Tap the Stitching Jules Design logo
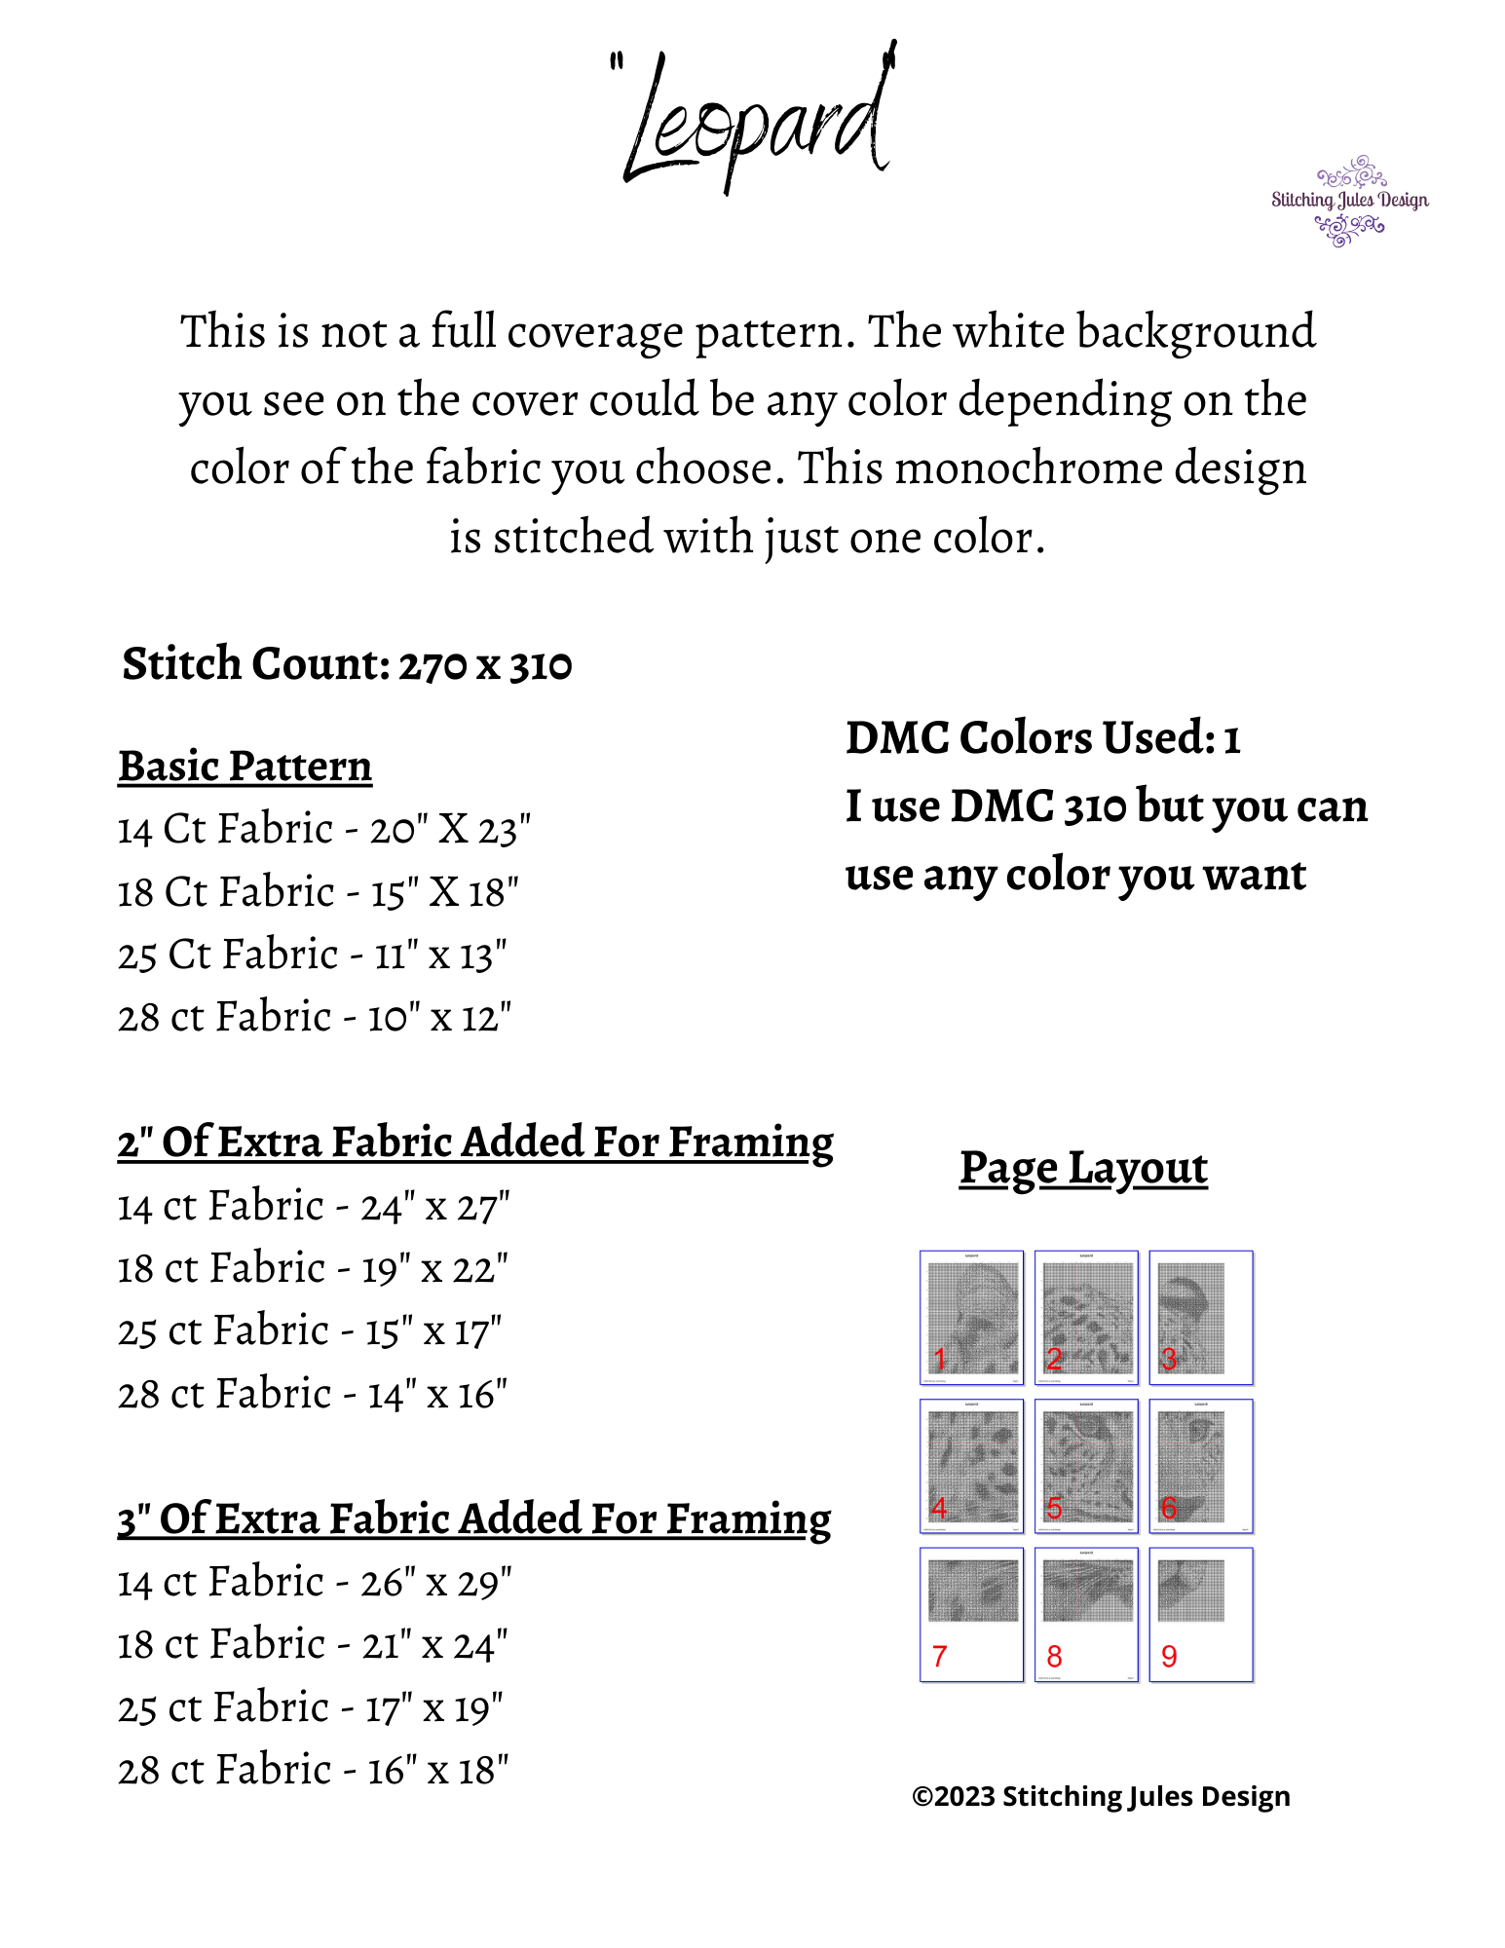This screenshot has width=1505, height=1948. tap(1349, 201)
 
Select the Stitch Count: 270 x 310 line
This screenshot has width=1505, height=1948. tap(347, 664)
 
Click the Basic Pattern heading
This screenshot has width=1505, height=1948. tap(245, 767)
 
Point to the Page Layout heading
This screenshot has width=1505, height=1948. tap(1083, 1168)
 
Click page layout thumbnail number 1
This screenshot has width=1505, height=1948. tap(971, 1317)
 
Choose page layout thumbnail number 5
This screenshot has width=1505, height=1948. tap(1086, 1466)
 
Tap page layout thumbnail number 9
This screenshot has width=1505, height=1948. tap(1201, 1614)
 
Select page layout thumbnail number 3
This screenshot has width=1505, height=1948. tap(1201, 1317)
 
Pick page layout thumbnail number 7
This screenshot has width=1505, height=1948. tap(971, 1614)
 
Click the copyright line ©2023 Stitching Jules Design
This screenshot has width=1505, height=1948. tap(1101, 1796)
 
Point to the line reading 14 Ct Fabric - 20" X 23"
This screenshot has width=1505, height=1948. tap(324, 830)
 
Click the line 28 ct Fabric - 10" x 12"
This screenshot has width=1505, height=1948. tap(315, 1018)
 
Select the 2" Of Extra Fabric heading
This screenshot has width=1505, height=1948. tap(475, 1143)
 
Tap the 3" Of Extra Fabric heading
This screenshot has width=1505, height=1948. tap(474, 1519)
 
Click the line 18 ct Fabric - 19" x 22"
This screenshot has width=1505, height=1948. tap(313, 1269)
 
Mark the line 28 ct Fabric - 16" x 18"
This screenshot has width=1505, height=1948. tap(313, 1771)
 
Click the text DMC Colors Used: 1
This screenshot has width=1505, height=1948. tap(1042, 738)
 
